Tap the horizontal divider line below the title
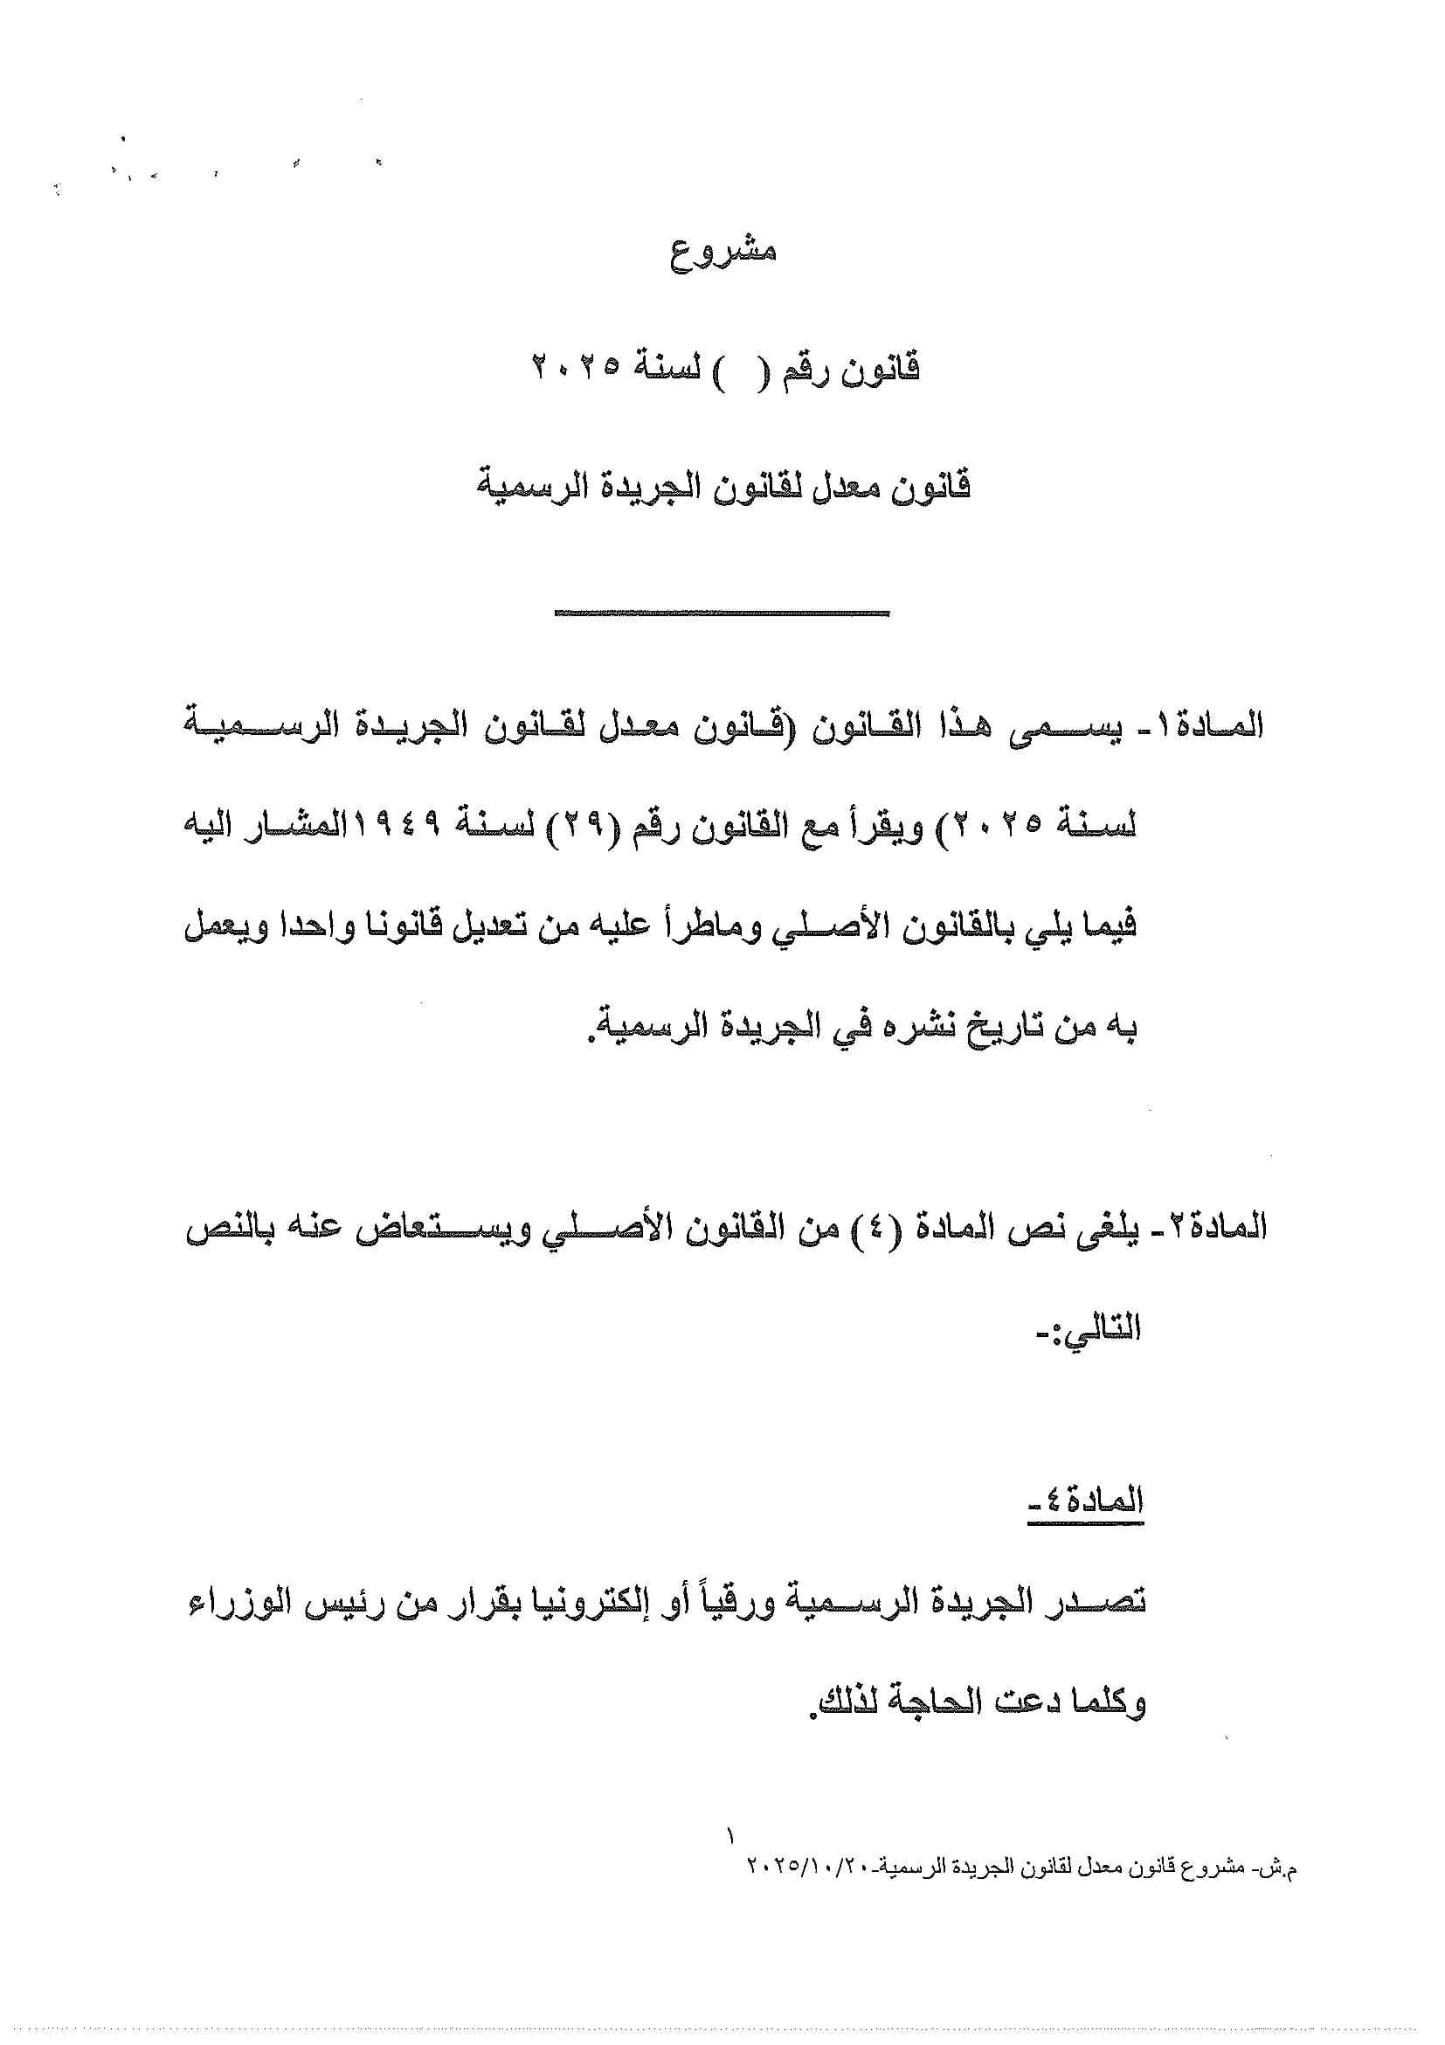(722, 613)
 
